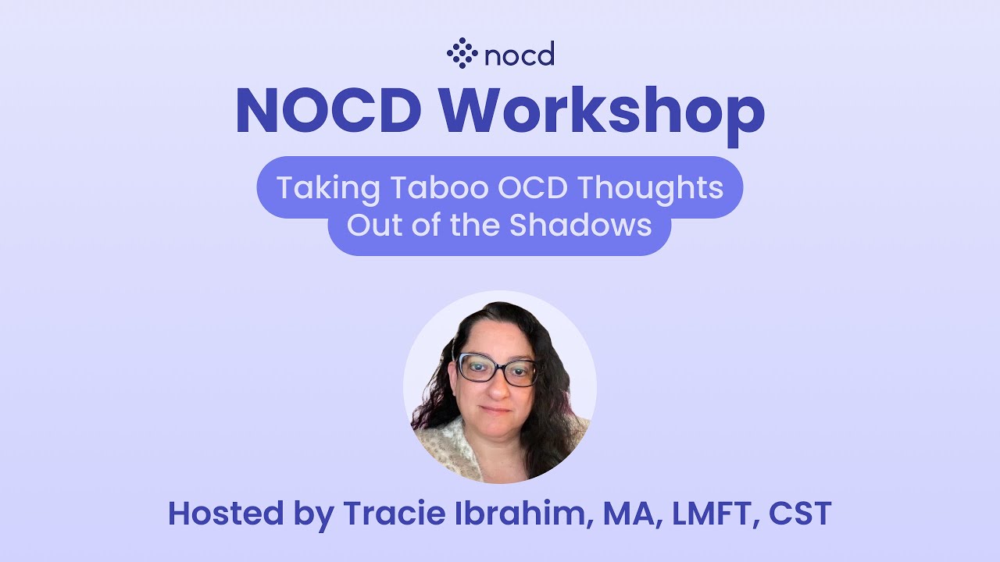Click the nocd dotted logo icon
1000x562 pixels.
point(462,53)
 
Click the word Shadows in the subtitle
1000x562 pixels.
point(580,225)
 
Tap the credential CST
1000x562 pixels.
point(800,514)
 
